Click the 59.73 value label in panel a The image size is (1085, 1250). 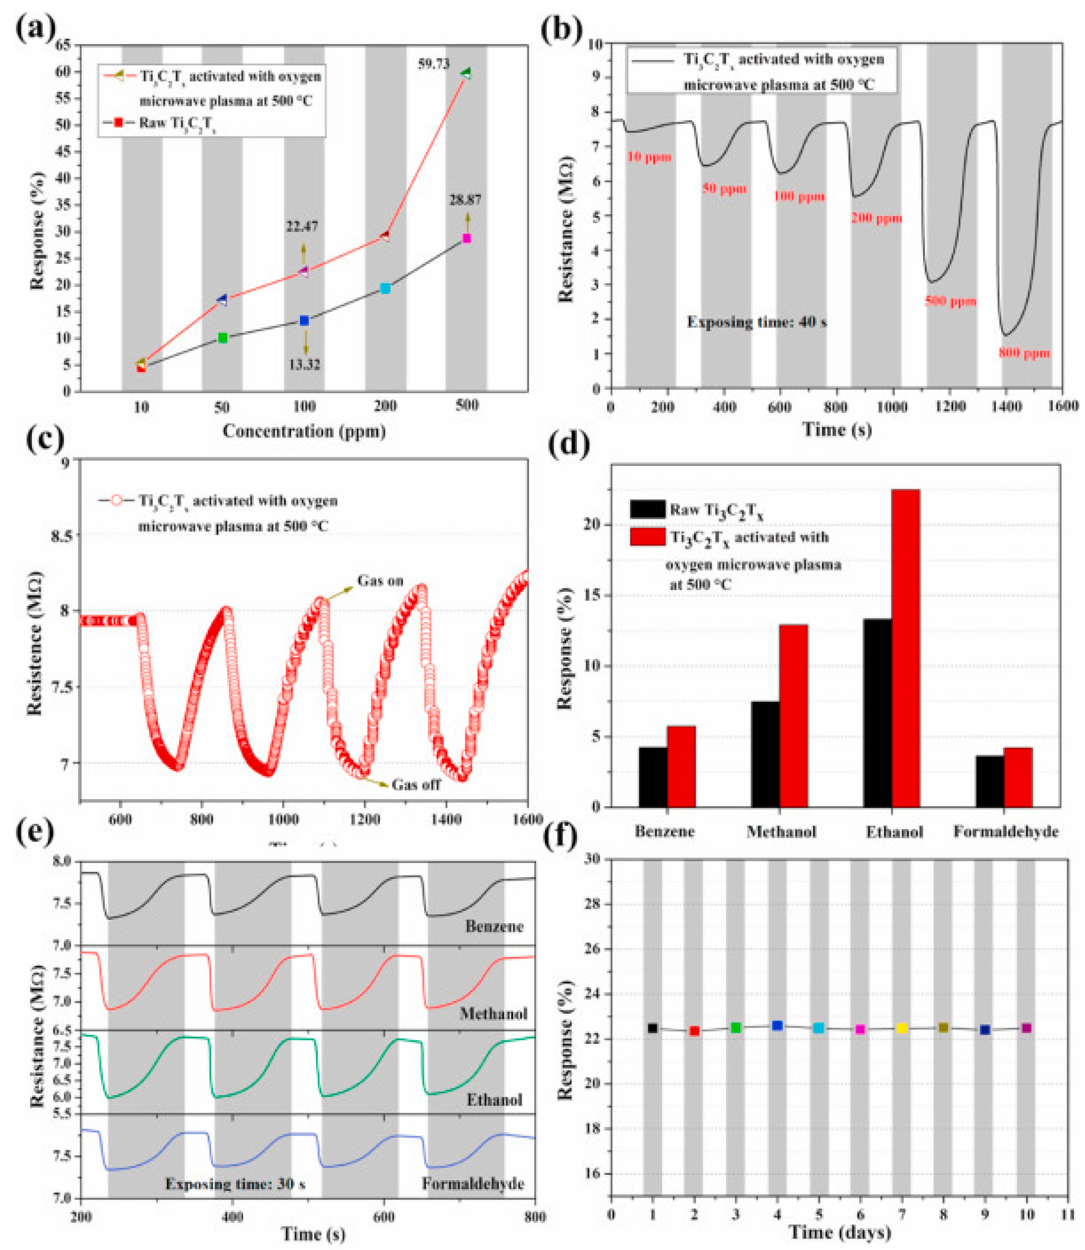[434, 63]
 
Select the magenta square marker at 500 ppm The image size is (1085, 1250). [466, 238]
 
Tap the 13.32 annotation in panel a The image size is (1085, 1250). [304, 364]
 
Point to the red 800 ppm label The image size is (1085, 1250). [1024, 353]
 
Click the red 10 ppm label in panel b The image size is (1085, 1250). [649, 157]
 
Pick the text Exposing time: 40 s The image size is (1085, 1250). [756, 322]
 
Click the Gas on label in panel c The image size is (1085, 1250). [380, 581]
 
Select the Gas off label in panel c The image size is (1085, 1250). [416, 785]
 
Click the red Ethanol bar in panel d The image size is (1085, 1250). [906, 648]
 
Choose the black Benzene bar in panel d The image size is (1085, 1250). [653, 777]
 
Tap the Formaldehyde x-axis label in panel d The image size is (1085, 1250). [1006, 832]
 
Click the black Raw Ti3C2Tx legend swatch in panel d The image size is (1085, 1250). [647, 509]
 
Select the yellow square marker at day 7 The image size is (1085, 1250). [901, 1028]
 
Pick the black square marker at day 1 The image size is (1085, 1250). [652, 1028]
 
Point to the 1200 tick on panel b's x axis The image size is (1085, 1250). [949, 406]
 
